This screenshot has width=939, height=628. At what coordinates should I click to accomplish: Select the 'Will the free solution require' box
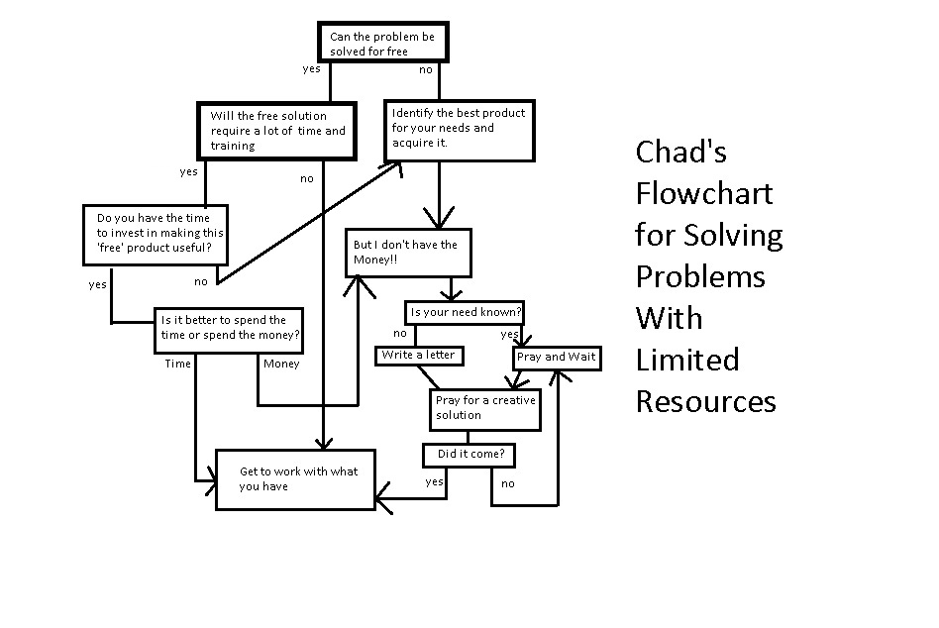[276, 131]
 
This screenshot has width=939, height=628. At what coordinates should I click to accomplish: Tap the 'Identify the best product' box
[460, 129]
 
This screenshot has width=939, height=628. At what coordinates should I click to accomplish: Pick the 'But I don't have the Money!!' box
[407, 253]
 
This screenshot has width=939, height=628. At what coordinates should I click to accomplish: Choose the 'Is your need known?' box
[466, 312]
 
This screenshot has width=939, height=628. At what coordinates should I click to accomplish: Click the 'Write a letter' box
[419, 355]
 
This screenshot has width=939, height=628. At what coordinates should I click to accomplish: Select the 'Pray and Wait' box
[557, 357]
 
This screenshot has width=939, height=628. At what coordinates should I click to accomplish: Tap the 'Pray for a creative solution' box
[485, 409]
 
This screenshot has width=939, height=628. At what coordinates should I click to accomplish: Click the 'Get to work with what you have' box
[296, 479]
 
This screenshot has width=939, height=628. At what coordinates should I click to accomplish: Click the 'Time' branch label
[178, 364]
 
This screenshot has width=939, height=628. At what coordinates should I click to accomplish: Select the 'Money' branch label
[281, 364]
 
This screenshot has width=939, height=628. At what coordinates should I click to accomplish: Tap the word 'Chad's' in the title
[681, 152]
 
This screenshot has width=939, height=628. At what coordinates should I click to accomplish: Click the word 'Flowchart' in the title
[703, 193]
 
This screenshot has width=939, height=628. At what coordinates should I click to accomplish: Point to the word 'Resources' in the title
[705, 401]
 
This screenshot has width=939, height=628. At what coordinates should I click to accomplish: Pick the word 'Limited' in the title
[687, 359]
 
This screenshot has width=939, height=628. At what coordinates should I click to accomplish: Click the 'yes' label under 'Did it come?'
[434, 482]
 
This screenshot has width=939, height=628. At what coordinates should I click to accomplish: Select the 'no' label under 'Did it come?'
[507, 483]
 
